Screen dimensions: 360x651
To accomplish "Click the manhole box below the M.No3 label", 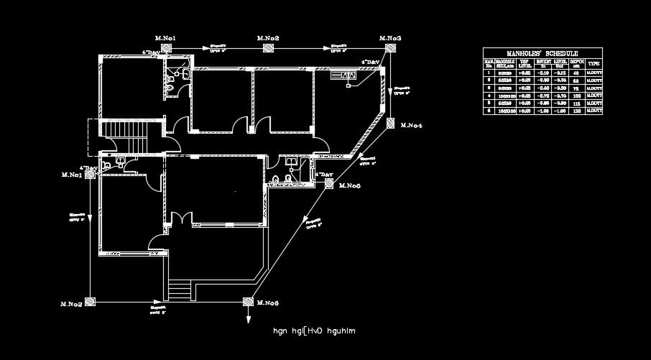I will coord(391,48).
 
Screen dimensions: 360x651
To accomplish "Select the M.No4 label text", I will coord(411,126).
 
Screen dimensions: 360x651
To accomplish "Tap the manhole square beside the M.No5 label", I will coord(328,184).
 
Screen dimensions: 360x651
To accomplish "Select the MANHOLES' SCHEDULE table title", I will coord(542,53).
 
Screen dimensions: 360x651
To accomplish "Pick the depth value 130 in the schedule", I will coord(576,111).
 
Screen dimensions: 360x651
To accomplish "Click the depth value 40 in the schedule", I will coord(576,73).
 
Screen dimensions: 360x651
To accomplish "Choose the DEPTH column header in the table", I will coord(576,64).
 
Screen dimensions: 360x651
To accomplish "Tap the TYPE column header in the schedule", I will coord(594,64).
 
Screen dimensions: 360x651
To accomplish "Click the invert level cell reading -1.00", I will coord(542,111).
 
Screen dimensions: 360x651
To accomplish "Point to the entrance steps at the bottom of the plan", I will coord(180,291).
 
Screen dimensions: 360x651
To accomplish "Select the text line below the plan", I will coord(314,331).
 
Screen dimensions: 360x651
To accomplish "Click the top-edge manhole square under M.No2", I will coord(268,48).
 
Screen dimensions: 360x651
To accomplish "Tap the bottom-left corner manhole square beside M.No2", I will coord(89,302).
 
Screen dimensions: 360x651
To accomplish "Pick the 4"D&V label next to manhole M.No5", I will coord(325,175).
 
